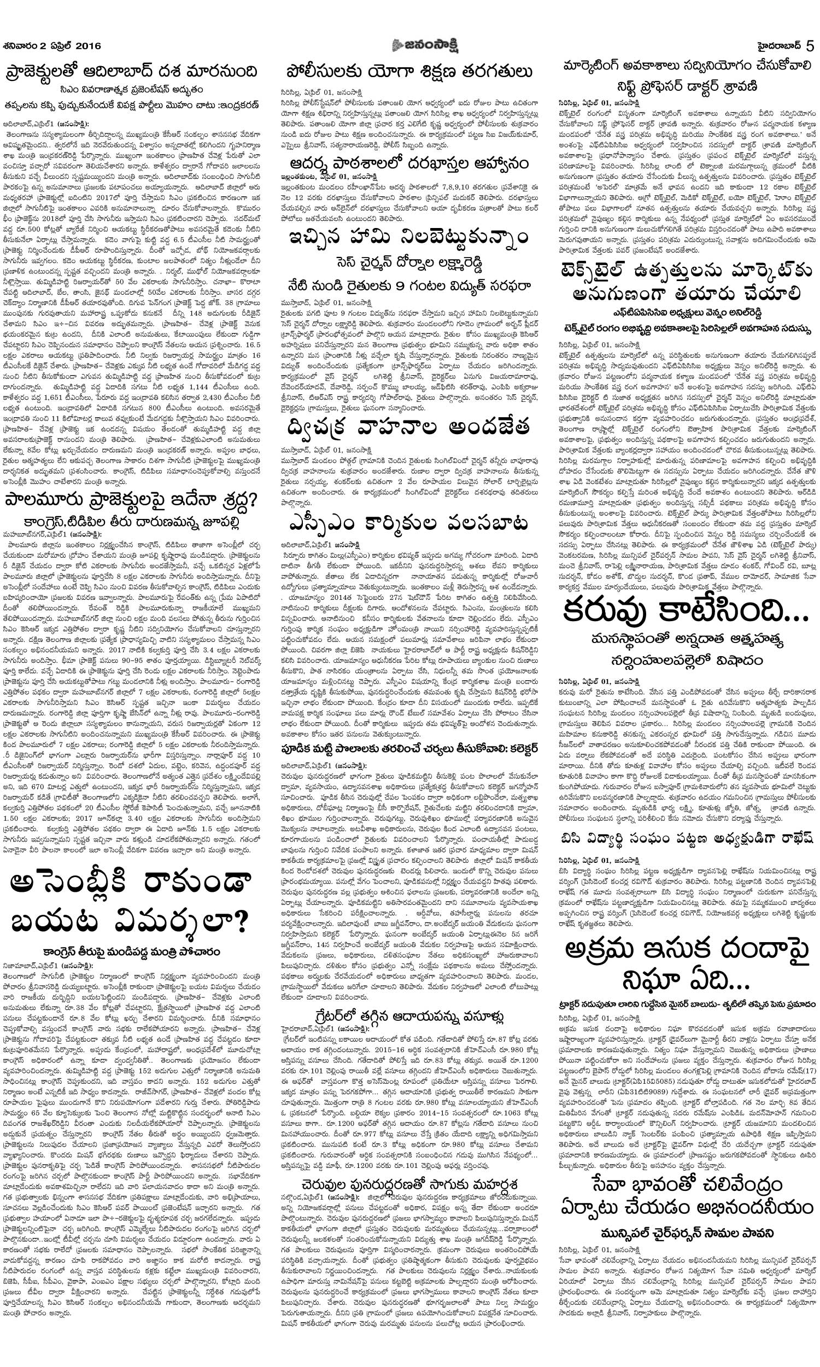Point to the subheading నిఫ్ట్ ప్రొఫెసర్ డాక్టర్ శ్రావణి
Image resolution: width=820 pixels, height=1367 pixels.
pos(688,86)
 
